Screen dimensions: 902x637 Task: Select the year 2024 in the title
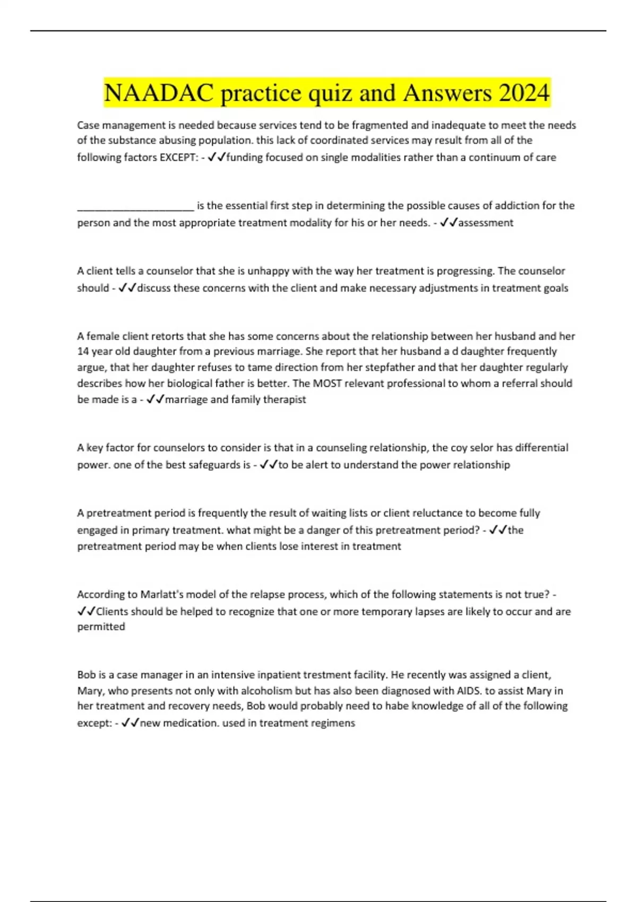click(523, 93)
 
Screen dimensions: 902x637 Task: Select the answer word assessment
click(486, 223)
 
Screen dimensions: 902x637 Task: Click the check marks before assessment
click(449, 223)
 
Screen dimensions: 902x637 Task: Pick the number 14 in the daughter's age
click(82, 351)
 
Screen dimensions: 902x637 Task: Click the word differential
click(541, 448)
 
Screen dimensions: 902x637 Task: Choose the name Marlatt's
click(161, 595)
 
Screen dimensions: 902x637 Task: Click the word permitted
click(101, 627)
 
